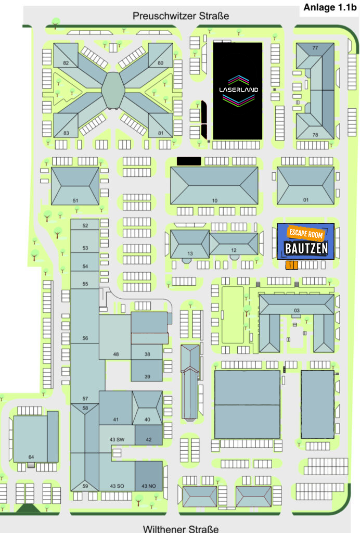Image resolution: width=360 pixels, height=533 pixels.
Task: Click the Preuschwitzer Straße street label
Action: (x=181, y=16)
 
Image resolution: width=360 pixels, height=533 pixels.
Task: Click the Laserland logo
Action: (x=238, y=91)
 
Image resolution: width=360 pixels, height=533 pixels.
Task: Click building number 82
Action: (x=66, y=63)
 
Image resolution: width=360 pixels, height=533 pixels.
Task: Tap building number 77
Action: (x=315, y=48)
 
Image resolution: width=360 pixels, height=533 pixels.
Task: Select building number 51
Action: (x=75, y=200)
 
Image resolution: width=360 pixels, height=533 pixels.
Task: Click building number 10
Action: (x=214, y=200)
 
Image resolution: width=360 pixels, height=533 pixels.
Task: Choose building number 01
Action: (x=306, y=200)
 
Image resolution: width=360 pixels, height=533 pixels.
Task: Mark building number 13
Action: (x=190, y=253)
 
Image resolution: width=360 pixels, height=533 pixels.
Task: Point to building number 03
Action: (x=297, y=311)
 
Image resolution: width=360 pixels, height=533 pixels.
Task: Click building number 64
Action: (x=31, y=457)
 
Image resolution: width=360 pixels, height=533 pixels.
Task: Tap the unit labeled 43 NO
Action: (x=149, y=486)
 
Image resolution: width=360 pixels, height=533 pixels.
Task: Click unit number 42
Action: (x=149, y=440)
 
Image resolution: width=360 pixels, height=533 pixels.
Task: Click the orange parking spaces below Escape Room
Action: (x=292, y=265)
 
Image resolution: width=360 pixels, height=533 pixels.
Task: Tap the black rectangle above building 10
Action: (x=188, y=161)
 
